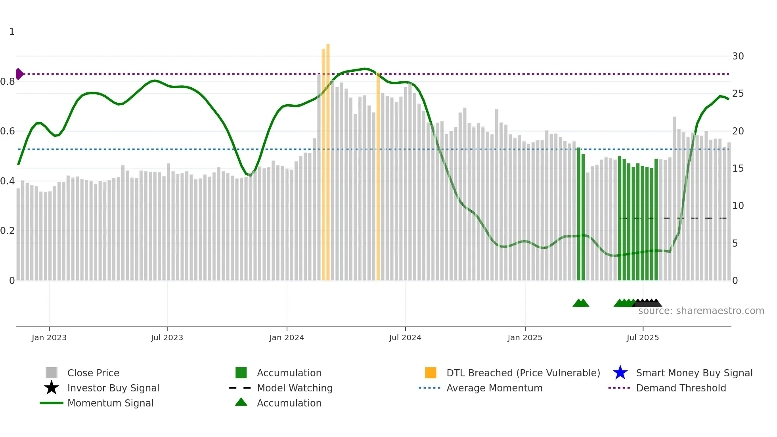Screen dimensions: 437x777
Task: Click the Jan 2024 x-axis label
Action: (287, 337)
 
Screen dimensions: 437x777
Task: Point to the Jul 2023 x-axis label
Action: (167, 337)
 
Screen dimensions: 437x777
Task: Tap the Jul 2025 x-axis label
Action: (643, 337)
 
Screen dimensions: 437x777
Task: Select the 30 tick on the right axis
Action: (738, 56)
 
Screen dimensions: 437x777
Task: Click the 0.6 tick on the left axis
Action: (8, 131)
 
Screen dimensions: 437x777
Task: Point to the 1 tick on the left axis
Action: (12, 32)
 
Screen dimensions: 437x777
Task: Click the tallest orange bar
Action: (328, 159)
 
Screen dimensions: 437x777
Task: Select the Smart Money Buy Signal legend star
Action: (620, 373)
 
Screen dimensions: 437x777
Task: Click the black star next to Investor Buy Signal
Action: (52, 388)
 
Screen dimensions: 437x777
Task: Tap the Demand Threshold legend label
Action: (681, 388)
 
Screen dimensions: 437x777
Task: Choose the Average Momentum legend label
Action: (494, 388)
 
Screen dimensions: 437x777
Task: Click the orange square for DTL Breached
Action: (431, 373)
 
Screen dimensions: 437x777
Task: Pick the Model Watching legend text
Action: (295, 388)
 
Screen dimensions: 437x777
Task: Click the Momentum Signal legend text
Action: (110, 403)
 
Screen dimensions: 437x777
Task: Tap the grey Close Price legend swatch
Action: (52, 373)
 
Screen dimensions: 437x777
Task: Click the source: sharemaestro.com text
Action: (701, 311)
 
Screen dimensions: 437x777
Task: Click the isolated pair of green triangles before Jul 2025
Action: (581, 303)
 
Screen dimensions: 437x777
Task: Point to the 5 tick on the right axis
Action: (735, 243)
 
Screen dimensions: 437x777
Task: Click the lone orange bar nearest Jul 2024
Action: (378, 178)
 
